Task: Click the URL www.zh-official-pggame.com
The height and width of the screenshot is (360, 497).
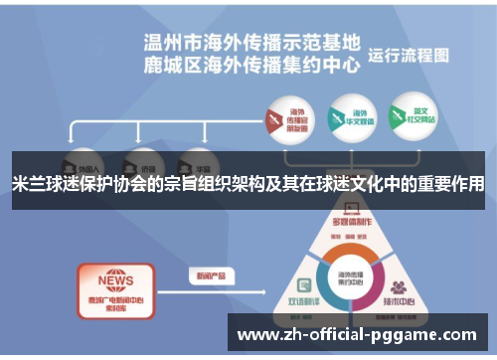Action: click(x=358, y=334)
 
